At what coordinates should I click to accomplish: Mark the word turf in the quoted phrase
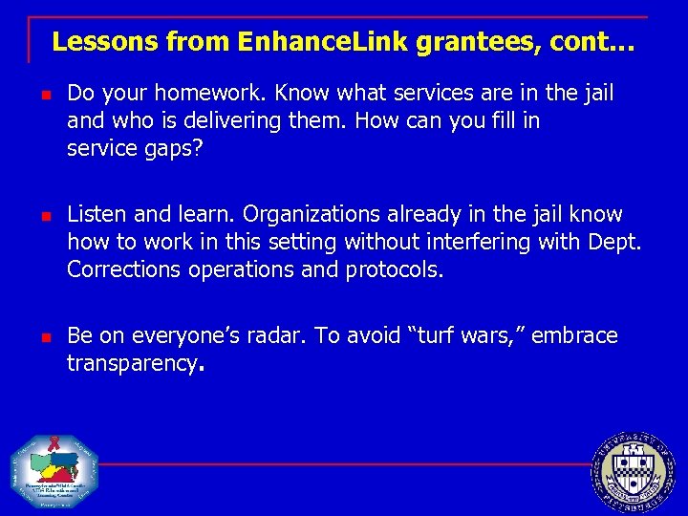click(x=443, y=336)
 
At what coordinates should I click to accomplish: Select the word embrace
click(x=575, y=336)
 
